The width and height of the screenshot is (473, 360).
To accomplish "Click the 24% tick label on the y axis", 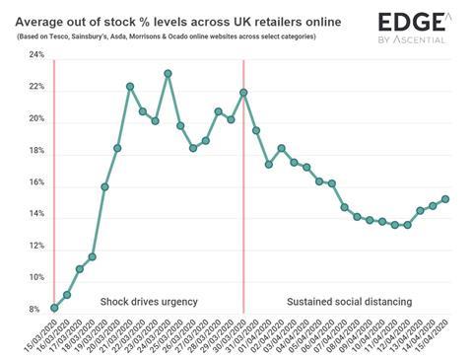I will coord(34,55).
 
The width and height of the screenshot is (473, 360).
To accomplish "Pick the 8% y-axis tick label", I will coord(36,310).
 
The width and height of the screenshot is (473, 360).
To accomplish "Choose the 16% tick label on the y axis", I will coord(34,182).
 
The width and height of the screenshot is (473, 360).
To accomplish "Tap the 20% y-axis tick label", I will coord(34,119).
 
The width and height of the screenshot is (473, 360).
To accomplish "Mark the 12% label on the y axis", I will coord(34,247).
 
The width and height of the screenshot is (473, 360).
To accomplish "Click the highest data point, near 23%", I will coord(169,73).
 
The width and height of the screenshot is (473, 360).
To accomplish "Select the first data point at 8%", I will coord(54,308).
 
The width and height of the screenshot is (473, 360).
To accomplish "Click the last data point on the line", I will coord(445,198).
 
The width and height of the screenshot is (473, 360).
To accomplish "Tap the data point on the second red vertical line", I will coord(243,93).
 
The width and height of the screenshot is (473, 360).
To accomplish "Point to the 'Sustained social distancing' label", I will coord(348,300).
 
